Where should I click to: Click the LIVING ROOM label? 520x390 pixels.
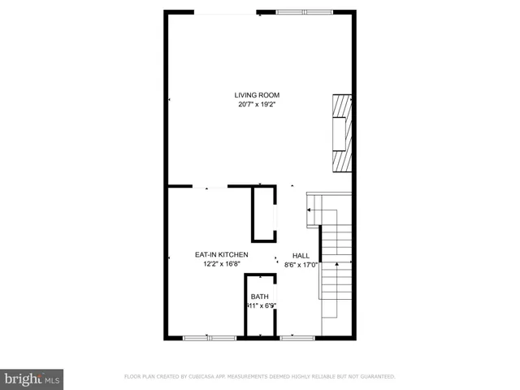pyautogui.click(x=257, y=95)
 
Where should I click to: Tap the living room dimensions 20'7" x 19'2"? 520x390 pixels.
pyautogui.click(x=257, y=105)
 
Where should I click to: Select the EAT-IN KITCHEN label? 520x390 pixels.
pyautogui.click(x=221, y=254)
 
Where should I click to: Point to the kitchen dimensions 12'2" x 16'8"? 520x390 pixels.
pyautogui.click(x=221, y=264)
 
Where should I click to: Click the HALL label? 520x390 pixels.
pyautogui.click(x=301, y=254)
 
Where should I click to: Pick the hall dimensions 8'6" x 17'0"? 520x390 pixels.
pyautogui.click(x=301, y=264)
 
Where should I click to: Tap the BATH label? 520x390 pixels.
pyautogui.click(x=259, y=297)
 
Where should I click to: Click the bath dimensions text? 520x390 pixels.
pyautogui.click(x=261, y=306)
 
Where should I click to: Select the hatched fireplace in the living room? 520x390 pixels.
pyautogui.click(x=341, y=134)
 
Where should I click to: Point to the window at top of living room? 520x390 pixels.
pyautogui.click(x=304, y=12)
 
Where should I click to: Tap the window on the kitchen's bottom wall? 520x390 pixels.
pyautogui.click(x=198, y=337)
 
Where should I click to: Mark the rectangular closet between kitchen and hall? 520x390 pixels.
pyautogui.click(x=263, y=214)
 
